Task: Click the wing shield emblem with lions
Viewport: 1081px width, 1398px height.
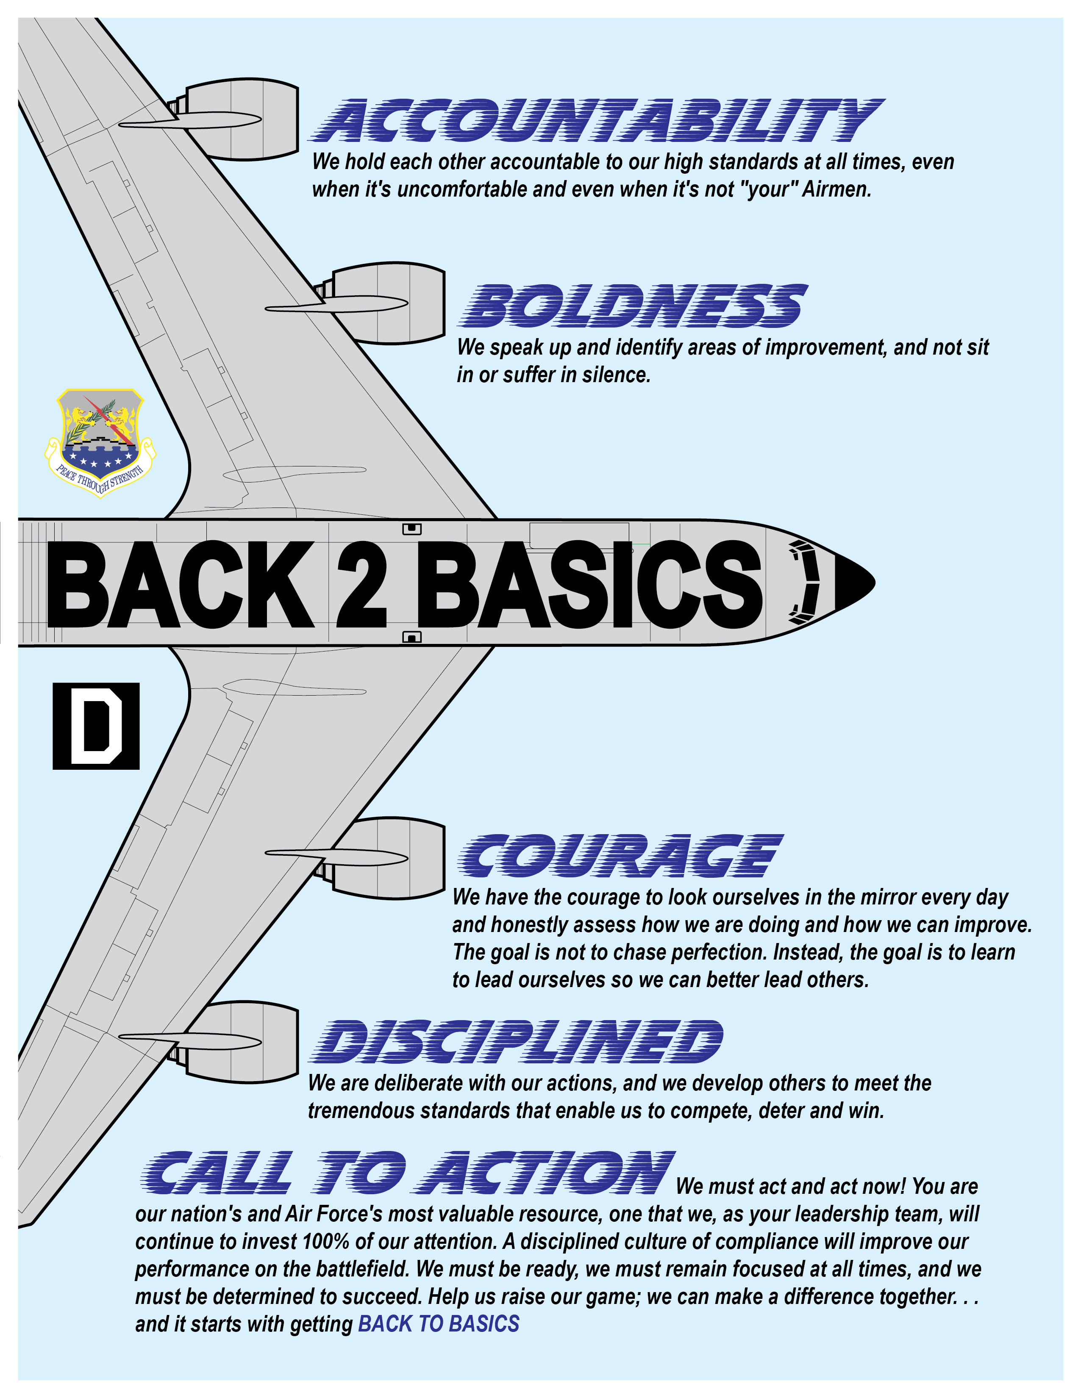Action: click(x=100, y=442)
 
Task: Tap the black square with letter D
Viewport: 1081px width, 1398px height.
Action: click(x=96, y=726)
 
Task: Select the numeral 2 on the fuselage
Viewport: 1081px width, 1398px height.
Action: click(x=362, y=583)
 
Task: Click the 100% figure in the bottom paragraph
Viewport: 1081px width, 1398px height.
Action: click(x=325, y=1242)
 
